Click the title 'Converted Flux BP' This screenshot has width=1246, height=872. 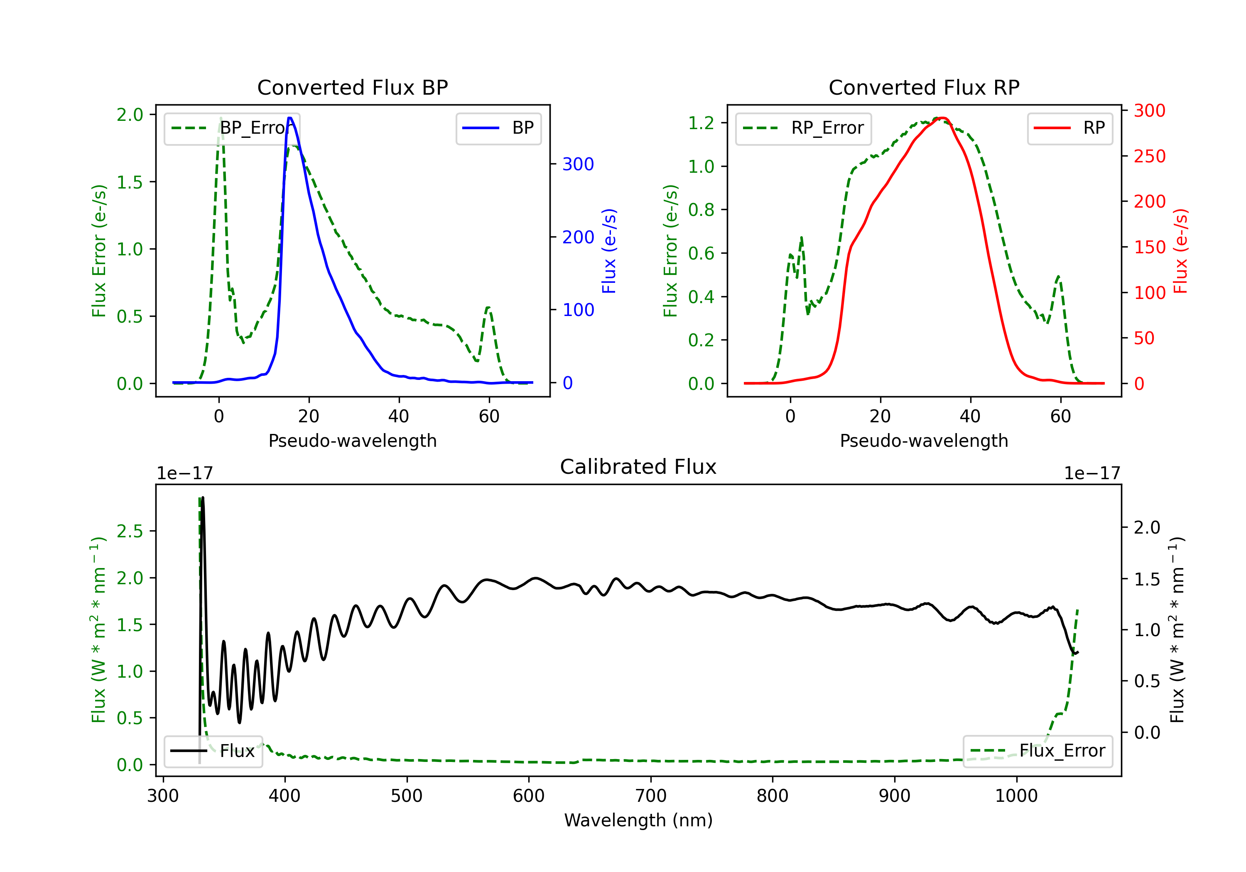click(352, 87)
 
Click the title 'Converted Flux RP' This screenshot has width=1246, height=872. click(924, 87)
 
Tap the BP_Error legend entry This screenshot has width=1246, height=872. click(232, 128)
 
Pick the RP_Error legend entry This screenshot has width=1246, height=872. click(803, 128)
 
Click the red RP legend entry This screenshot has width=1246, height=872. click(1069, 128)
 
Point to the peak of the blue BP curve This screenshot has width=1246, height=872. click(290, 118)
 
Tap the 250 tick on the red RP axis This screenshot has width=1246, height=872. click(1149, 156)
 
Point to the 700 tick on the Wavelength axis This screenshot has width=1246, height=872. click(651, 796)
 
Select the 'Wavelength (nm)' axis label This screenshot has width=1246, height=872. click(638, 820)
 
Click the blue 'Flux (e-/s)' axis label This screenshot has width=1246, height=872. click(609, 251)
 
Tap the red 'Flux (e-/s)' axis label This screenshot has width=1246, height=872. click(1180, 251)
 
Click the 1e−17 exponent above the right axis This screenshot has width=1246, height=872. click(1092, 473)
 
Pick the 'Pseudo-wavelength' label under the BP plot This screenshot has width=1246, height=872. click(352, 441)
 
